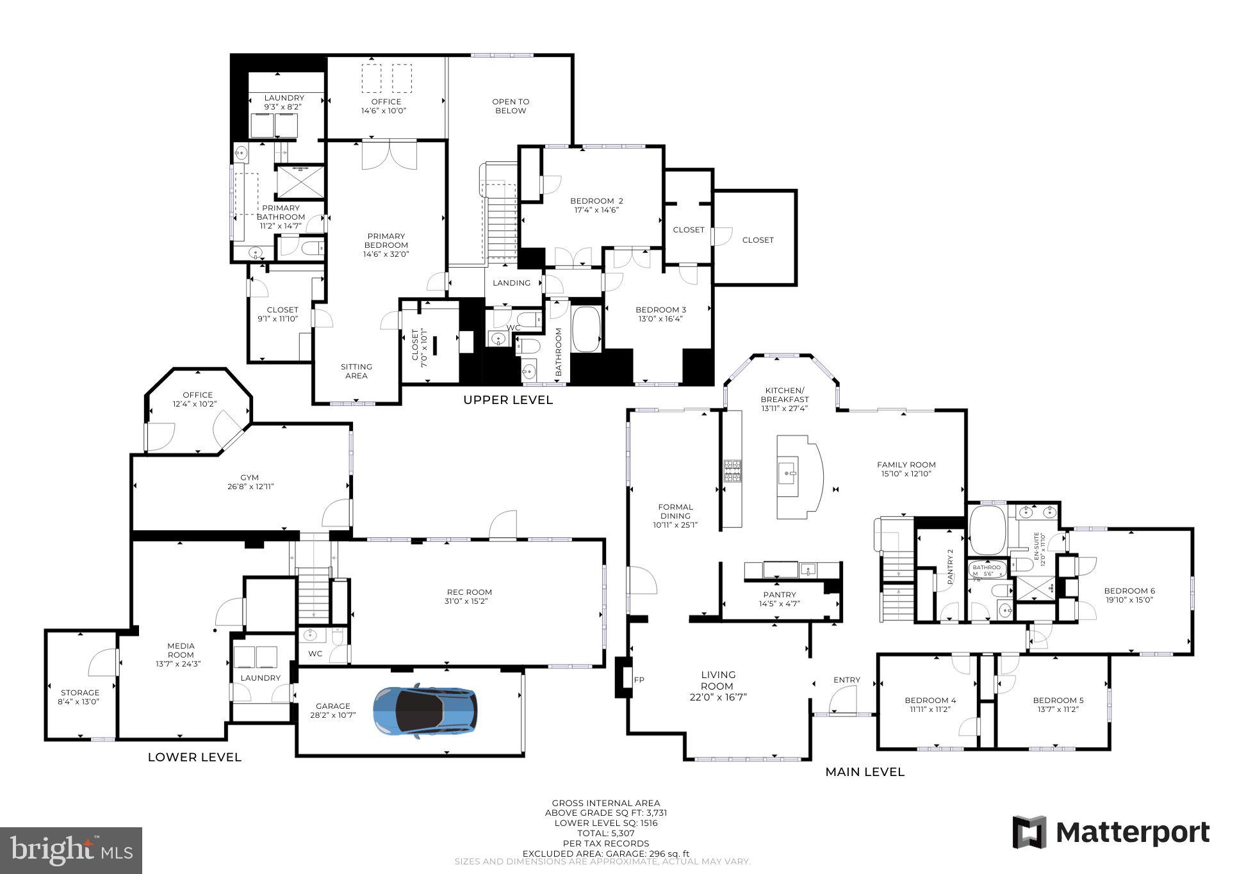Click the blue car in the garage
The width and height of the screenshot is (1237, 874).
pyautogui.click(x=425, y=711)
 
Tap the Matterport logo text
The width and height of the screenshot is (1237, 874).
pyautogui.click(x=1132, y=833)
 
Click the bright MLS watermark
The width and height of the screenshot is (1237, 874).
pyautogui.click(x=70, y=850)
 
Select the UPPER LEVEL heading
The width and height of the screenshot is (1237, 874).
pyautogui.click(x=507, y=400)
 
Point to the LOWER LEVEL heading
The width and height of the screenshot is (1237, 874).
pyautogui.click(x=194, y=757)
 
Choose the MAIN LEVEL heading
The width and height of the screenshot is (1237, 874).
pyautogui.click(x=864, y=772)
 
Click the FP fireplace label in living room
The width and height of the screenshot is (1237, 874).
pyautogui.click(x=638, y=679)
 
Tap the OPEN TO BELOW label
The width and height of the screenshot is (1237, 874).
pyautogui.click(x=511, y=106)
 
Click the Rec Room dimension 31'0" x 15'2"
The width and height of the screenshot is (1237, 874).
pyautogui.click(x=469, y=601)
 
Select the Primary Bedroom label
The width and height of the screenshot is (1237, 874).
pyautogui.click(x=386, y=241)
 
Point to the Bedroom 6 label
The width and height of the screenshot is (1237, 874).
pyautogui.click(x=1129, y=591)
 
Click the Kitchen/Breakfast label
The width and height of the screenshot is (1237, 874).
pyautogui.click(x=784, y=395)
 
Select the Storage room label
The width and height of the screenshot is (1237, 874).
pyautogui.click(x=80, y=692)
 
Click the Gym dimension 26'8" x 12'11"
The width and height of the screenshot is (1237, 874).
pyautogui.click(x=249, y=487)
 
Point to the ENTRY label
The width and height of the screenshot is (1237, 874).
pyautogui.click(x=846, y=680)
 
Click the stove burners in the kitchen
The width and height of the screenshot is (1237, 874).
pyautogui.click(x=732, y=471)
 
